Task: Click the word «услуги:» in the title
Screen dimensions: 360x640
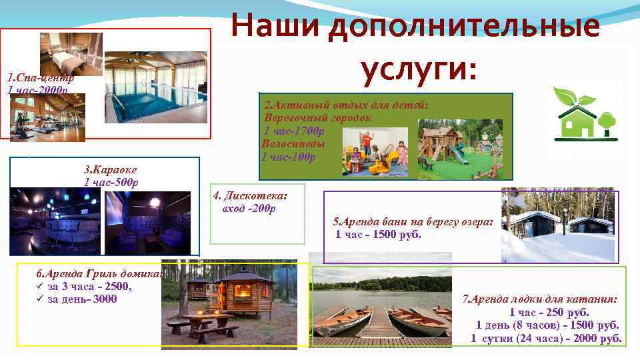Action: (x=419, y=68)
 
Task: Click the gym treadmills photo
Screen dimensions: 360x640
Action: (x=47, y=117)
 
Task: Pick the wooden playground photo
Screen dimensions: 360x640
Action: (x=465, y=149)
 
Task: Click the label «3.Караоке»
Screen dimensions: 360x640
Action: (x=110, y=170)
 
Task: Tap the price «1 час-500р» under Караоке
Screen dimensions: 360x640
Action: (x=111, y=182)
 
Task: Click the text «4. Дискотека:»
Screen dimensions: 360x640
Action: (x=249, y=196)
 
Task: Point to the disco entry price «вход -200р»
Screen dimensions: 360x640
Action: (x=249, y=208)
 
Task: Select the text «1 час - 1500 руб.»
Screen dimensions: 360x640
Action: (x=378, y=234)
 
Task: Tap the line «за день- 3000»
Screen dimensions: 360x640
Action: (x=82, y=299)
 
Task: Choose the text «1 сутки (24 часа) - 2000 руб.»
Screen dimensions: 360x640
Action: (x=546, y=338)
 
